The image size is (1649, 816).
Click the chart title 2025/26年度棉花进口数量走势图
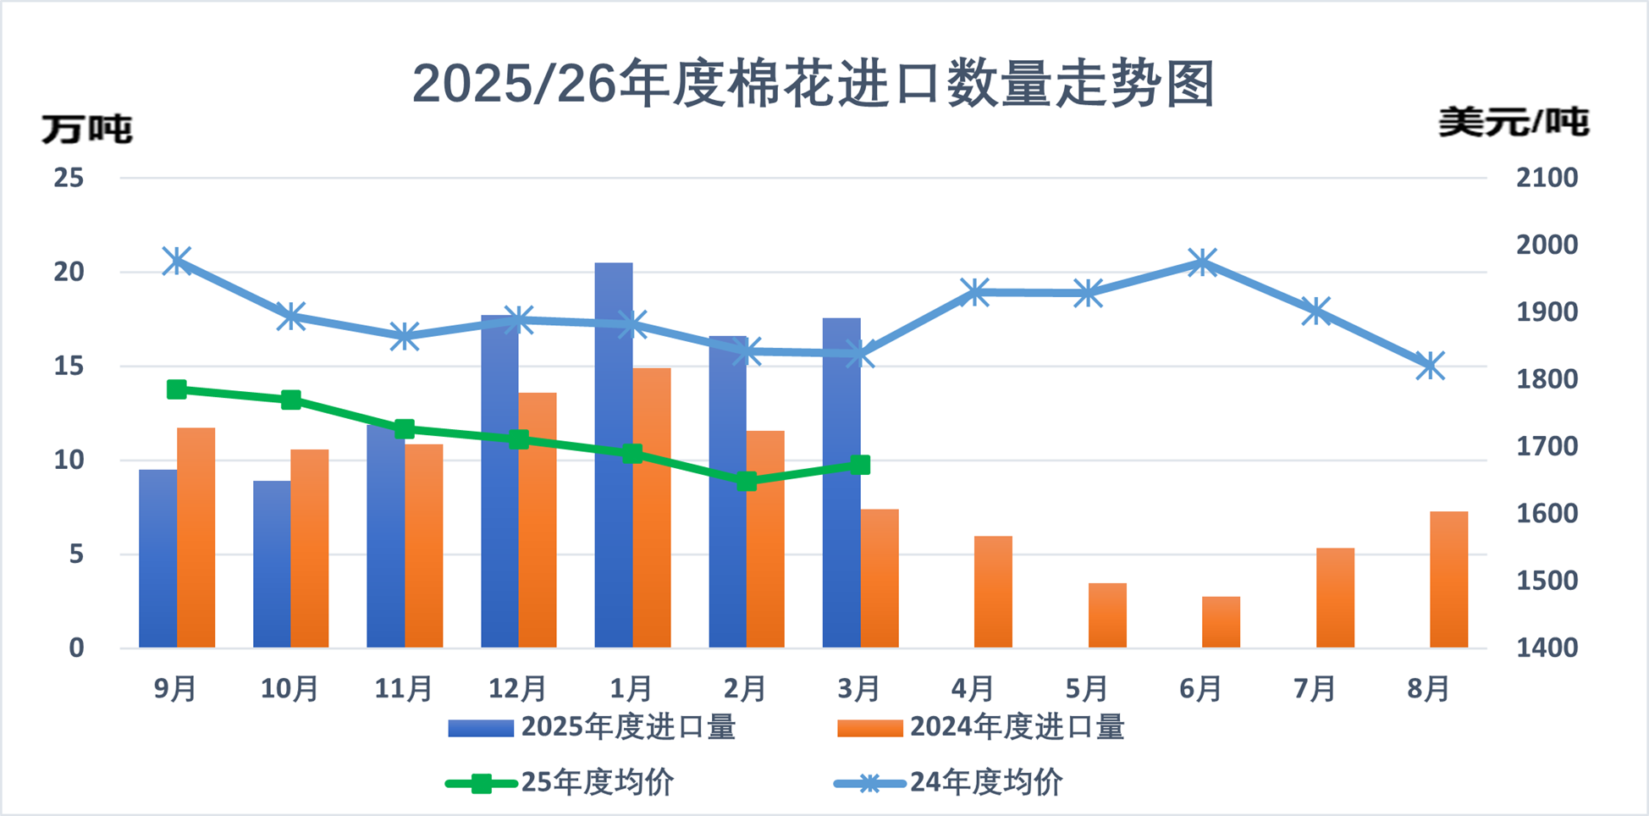click(813, 84)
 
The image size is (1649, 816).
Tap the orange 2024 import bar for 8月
click(1448, 580)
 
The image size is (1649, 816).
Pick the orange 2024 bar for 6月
click(1221, 622)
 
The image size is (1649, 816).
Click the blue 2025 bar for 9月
click(158, 559)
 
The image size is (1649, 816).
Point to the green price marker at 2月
click(746, 481)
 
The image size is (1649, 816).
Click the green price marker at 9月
click(177, 389)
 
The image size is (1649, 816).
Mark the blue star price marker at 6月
click(1202, 262)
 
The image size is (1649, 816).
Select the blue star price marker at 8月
click(1430, 367)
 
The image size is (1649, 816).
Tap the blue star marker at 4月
click(975, 293)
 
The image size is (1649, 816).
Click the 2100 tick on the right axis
click(1547, 178)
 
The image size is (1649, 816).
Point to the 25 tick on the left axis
click(69, 178)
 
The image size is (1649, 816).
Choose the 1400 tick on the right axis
click(1547, 648)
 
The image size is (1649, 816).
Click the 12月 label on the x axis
click(517, 689)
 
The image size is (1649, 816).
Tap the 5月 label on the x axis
click(1087, 689)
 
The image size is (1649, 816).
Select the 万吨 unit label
click(87, 130)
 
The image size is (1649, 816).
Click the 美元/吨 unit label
click(1513, 124)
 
